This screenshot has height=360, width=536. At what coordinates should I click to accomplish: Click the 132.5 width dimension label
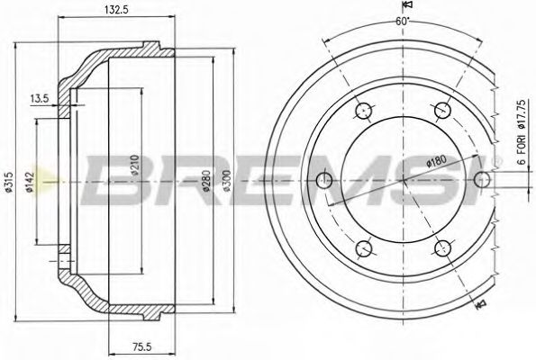point(116,10)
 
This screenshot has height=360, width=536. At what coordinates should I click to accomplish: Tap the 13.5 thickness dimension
point(40,98)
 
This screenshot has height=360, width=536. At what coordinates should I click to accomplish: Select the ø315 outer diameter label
point(8,182)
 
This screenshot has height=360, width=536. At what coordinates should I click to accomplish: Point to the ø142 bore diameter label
point(30,182)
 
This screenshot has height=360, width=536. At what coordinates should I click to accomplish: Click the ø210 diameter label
point(135,166)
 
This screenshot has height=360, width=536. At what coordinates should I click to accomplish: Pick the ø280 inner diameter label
point(206,181)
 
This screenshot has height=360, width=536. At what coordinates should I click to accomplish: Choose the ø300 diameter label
point(227,181)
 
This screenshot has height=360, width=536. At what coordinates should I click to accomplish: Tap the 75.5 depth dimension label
point(141,347)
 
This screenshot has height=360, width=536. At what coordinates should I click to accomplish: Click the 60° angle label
point(403,22)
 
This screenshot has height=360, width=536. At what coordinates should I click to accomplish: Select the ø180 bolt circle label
point(437,161)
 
